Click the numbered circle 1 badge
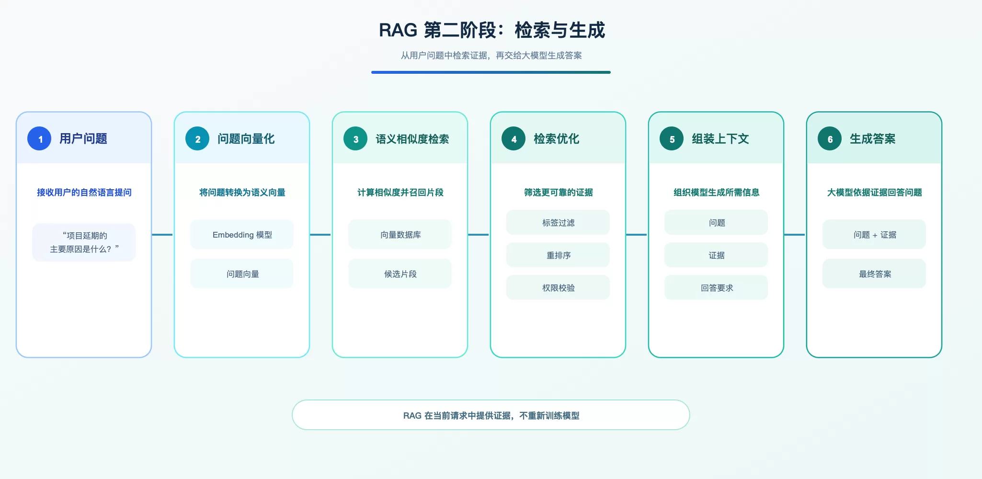(39, 139)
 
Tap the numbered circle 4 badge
(514, 139)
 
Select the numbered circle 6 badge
(830, 139)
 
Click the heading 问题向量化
(246, 139)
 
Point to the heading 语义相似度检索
(412, 139)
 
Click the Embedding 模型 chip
(242, 235)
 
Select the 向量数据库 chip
(400, 235)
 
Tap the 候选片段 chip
(400, 274)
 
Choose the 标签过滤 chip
(558, 223)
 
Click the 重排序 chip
(558, 255)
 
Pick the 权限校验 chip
(558, 288)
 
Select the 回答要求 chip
(716, 288)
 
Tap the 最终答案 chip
(874, 274)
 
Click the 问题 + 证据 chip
(874, 235)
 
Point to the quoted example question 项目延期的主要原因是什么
(84, 242)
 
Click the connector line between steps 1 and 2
(162, 235)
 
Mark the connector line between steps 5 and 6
(795, 235)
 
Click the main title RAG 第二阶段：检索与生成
(491, 30)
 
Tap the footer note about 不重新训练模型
(491, 415)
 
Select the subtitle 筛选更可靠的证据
(558, 193)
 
